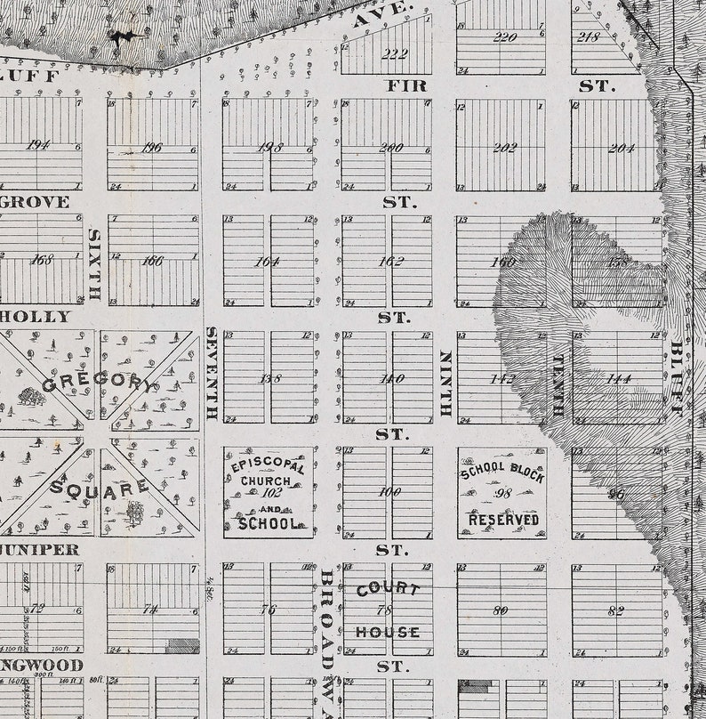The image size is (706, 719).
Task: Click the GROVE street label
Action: pos(35,202)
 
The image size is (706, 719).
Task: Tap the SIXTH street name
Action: pos(93,264)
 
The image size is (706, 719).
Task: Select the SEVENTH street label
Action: pos(212,373)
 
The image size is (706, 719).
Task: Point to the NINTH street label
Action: pos(445,384)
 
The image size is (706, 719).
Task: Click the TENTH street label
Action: pos(558,386)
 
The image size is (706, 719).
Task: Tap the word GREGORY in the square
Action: pos(98,384)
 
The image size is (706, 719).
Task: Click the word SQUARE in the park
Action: pos(99,488)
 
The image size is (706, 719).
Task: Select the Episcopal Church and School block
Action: pos(268,492)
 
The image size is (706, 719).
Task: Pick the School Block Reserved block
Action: pos(502,492)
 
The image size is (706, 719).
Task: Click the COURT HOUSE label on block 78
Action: pos(388,610)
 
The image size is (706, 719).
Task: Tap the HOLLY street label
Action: pos(36,317)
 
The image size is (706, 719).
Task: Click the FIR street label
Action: pos(406,86)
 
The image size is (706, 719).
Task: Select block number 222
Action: pos(394,54)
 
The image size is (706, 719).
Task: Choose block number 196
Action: pos(152,147)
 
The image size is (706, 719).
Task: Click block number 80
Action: pos(501,610)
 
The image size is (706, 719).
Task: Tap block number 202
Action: pos(504,147)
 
